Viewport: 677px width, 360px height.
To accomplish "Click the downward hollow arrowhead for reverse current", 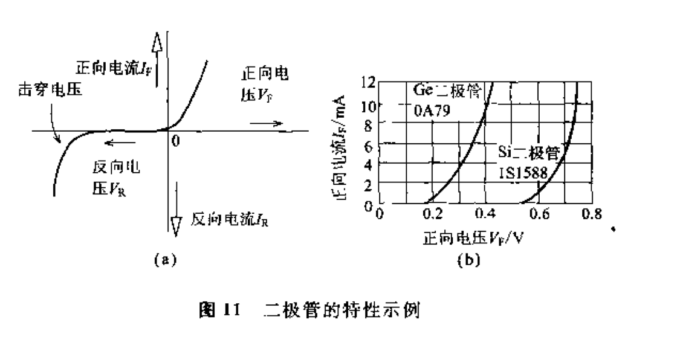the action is (177, 225).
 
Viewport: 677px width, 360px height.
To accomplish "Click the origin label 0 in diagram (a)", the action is (176, 141).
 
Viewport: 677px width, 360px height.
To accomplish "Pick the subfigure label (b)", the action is (468, 260).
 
